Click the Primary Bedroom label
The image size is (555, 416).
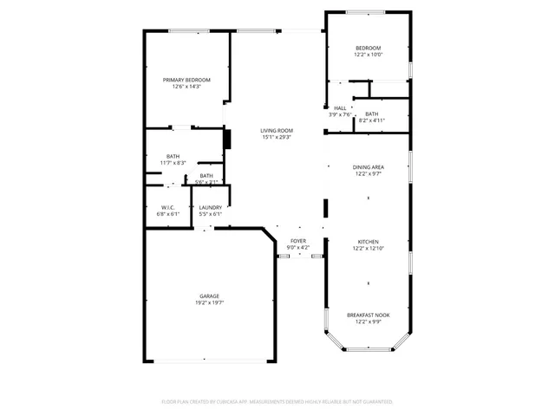186,80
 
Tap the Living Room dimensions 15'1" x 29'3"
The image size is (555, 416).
276,137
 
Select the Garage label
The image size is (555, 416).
210,296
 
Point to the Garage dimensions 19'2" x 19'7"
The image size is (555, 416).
210,303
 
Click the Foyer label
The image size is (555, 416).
297,241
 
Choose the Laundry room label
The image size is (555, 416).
210,207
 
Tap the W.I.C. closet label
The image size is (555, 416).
167,207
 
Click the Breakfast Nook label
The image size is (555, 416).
369,315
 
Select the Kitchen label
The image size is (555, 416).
369,242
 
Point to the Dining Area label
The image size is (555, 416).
369,167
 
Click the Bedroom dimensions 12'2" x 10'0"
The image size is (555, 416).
369,55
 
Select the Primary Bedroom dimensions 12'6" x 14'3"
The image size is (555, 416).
186,87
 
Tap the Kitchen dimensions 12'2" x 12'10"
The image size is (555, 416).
369,249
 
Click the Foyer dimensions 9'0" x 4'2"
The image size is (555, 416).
297,248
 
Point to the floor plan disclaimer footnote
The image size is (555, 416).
277,402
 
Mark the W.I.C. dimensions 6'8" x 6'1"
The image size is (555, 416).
167,214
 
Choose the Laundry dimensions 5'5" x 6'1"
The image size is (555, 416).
210,214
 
